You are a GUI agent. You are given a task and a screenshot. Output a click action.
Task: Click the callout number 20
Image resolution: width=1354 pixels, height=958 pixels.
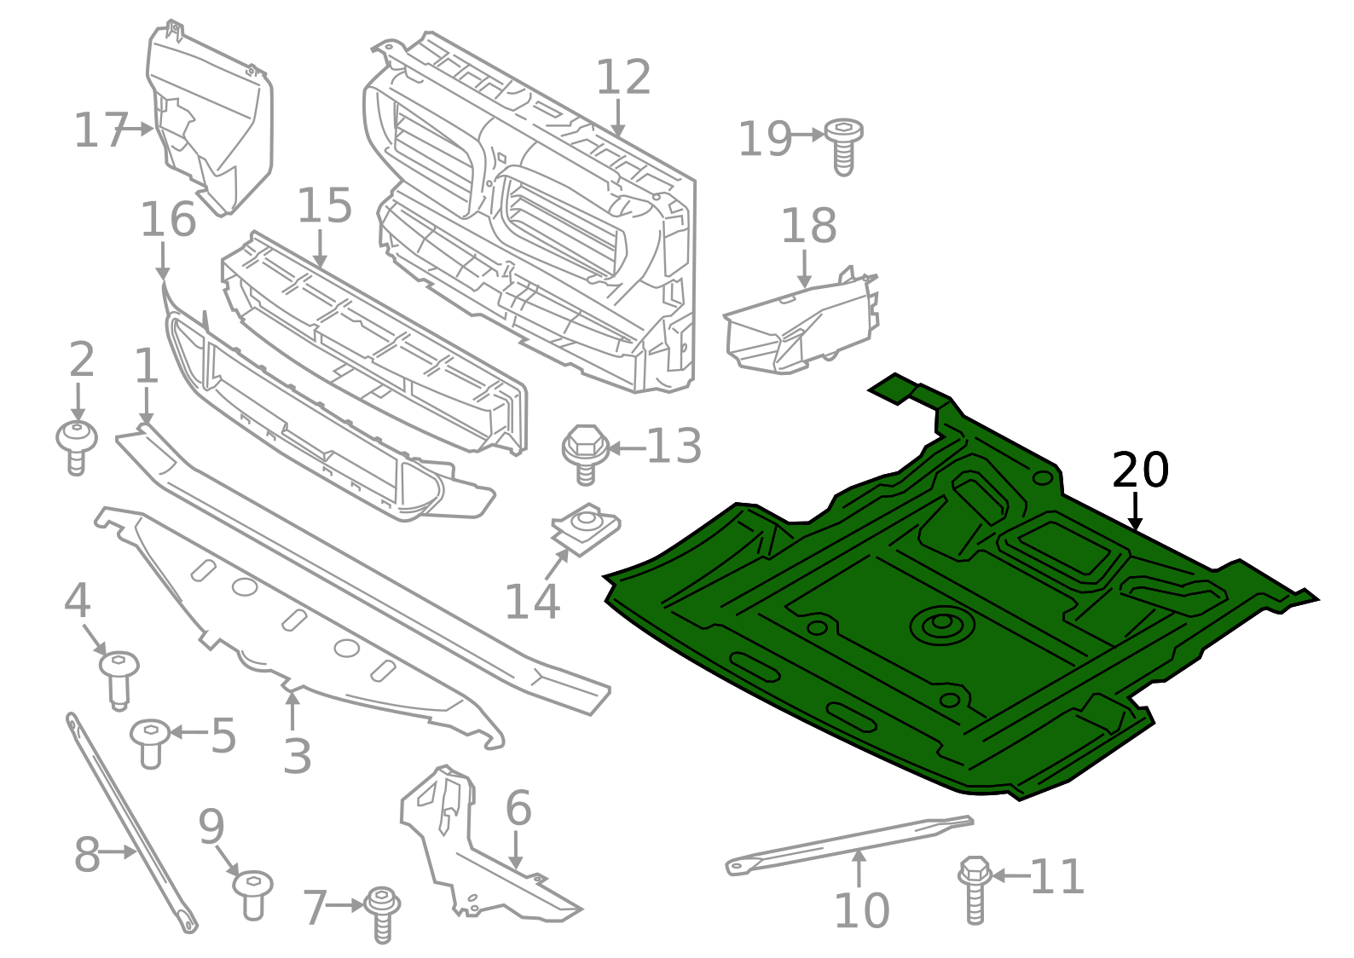(x=1140, y=470)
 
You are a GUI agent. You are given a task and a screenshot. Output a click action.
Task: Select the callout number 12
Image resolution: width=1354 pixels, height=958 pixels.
(x=623, y=78)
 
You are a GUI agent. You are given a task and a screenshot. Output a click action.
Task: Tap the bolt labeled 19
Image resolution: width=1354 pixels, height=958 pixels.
(x=843, y=146)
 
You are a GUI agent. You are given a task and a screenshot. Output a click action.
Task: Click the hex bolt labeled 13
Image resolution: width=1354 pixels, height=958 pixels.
(x=584, y=452)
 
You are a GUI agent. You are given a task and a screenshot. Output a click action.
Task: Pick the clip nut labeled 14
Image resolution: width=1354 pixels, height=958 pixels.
(x=587, y=528)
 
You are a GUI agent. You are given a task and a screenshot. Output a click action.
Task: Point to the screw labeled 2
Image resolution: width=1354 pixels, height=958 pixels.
(x=77, y=445)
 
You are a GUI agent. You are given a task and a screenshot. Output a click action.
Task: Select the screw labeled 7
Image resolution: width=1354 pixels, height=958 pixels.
(x=382, y=914)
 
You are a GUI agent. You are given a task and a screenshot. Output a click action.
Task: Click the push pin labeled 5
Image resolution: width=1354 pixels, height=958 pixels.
(x=150, y=742)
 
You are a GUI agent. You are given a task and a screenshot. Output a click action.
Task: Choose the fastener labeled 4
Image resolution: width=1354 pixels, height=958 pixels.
(x=118, y=678)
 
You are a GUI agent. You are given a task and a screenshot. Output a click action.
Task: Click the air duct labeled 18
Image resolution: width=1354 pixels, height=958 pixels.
(x=801, y=328)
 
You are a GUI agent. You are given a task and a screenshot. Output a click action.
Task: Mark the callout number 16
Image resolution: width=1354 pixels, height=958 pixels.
(x=168, y=220)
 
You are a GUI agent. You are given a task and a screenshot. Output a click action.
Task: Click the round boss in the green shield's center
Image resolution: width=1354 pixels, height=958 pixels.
(x=940, y=625)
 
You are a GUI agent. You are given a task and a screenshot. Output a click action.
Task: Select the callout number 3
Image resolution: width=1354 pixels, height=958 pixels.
(x=297, y=756)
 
